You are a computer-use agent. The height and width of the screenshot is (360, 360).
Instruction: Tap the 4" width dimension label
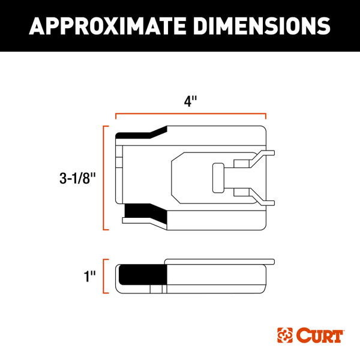[x=190, y=101]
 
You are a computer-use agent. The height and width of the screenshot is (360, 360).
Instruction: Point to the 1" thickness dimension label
[x=91, y=277]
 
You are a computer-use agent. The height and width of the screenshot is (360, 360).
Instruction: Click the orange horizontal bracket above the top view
[x=190, y=113]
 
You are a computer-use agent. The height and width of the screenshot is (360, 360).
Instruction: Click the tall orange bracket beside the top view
[x=106, y=178]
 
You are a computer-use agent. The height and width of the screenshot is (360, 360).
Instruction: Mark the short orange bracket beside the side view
[x=106, y=276]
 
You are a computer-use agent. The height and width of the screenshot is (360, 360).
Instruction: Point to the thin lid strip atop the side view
[x=220, y=262]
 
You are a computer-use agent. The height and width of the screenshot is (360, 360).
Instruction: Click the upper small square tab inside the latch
[x=242, y=164]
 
